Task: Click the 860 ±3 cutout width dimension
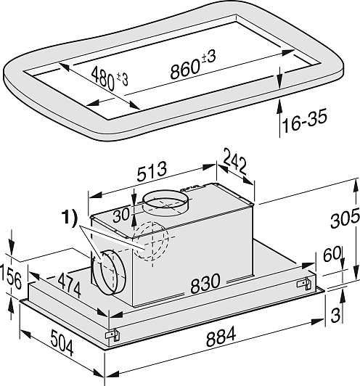click(193, 65)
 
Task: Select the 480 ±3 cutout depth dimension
click(110, 78)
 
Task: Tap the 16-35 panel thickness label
click(305, 120)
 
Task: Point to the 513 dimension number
click(152, 171)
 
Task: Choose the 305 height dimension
click(345, 218)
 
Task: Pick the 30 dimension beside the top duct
click(121, 215)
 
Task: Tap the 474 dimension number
click(69, 286)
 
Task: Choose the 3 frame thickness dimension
click(335, 315)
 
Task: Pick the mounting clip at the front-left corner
click(112, 334)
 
